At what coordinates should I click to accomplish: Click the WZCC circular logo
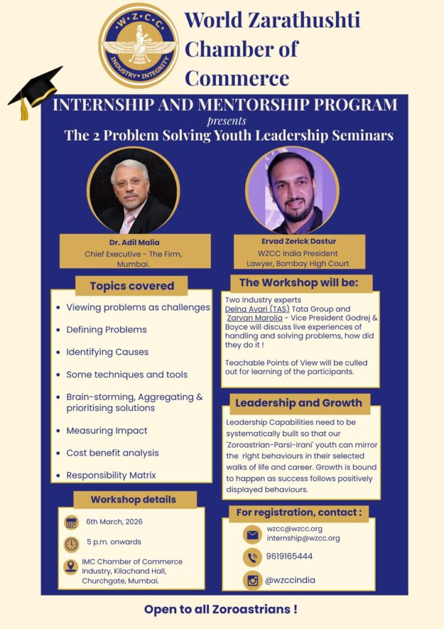tap(139, 46)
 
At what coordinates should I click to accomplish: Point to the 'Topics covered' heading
tap(131, 286)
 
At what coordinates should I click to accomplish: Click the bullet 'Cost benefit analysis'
tap(112, 453)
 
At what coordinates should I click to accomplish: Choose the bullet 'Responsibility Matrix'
tap(111, 475)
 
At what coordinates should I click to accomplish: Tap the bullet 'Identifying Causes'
tap(107, 352)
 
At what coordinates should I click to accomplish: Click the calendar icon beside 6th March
tap(71, 522)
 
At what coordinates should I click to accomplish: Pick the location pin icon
tap(71, 567)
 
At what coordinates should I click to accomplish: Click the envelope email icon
tap(252, 534)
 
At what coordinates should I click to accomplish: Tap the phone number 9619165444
tap(289, 557)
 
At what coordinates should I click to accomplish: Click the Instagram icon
tap(252, 580)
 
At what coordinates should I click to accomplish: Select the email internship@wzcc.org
tap(303, 538)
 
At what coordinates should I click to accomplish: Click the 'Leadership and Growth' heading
tap(298, 404)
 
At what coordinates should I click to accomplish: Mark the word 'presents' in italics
tap(227, 120)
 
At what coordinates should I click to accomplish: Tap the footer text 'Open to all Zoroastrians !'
tap(221, 610)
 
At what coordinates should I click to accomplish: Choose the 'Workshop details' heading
tap(133, 499)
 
